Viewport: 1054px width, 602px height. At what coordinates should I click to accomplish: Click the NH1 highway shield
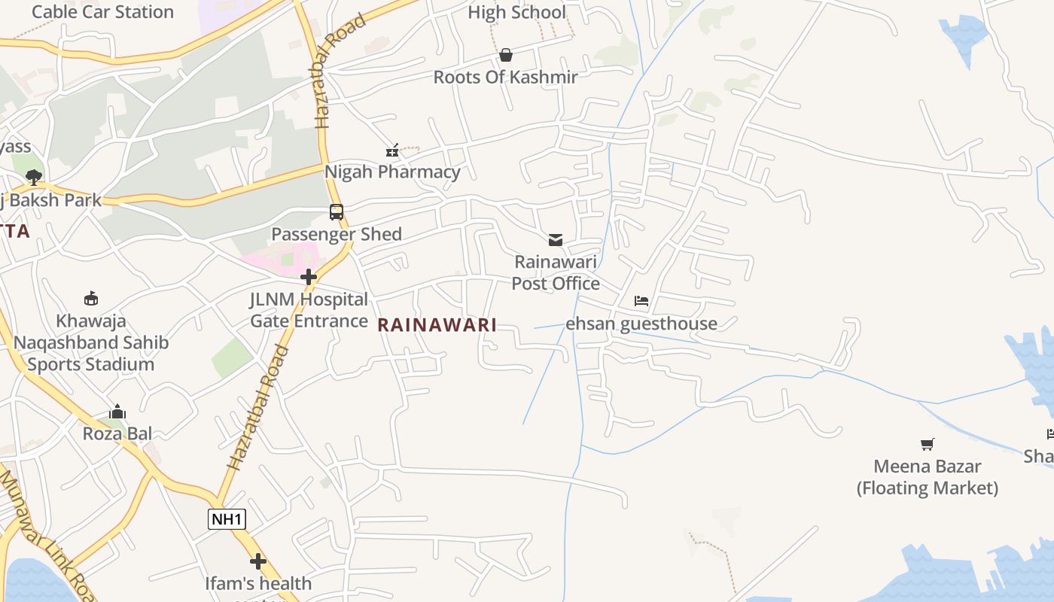[x=227, y=518]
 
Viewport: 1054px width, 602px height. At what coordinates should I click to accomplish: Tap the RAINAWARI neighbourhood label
[x=437, y=325]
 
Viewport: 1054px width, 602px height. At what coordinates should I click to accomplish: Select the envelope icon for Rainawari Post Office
[x=556, y=240]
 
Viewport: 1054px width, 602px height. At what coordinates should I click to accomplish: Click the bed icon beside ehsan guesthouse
[x=641, y=301]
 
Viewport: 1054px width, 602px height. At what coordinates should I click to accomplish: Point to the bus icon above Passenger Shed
[x=337, y=212]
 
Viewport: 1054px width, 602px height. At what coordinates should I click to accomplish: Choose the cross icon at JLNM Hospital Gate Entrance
[x=309, y=277]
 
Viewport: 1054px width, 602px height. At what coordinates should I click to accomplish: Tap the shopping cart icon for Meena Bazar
[x=928, y=445]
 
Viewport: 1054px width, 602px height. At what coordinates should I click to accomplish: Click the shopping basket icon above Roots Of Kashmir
[x=506, y=55]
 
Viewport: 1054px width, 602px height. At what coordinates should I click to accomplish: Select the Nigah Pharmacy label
[x=392, y=172]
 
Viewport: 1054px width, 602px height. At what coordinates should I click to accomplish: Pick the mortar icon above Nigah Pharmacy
[x=392, y=150]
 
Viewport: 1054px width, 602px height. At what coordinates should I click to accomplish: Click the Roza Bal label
[x=117, y=433]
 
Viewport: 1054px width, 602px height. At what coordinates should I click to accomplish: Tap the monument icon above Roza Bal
[x=117, y=412]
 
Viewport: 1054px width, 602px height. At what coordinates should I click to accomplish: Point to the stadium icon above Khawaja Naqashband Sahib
[x=91, y=299]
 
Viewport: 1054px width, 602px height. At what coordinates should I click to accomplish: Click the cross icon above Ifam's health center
[x=258, y=561]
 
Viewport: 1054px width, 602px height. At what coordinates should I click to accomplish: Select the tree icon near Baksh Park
[x=33, y=178]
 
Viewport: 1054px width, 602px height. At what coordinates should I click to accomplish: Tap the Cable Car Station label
[x=102, y=12]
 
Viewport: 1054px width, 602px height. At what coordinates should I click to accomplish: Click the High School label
[x=516, y=12]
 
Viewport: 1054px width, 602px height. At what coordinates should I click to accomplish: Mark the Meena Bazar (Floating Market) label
[x=928, y=477]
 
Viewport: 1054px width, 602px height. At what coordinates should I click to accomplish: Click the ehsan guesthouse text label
[x=641, y=324]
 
